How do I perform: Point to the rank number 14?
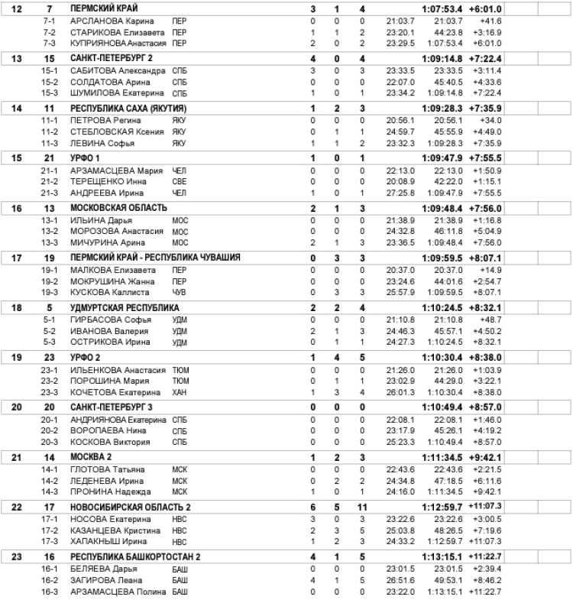[18, 109]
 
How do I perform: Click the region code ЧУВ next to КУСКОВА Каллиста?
[179, 293]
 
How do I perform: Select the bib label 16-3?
[50, 592]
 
